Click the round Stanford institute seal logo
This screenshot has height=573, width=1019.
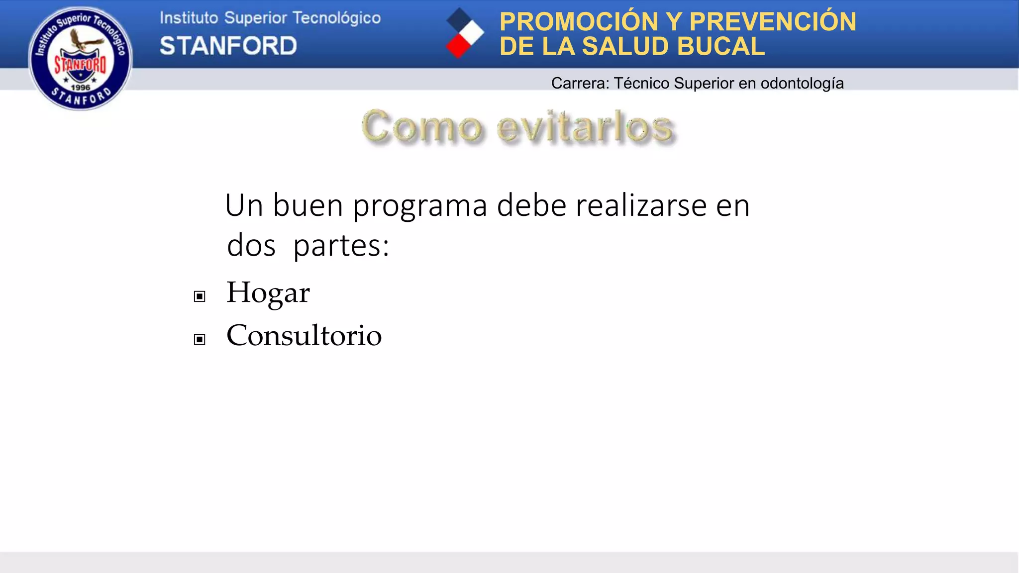click(x=80, y=58)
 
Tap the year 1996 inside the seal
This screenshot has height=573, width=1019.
click(x=80, y=88)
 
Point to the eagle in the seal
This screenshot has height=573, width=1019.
click(x=81, y=40)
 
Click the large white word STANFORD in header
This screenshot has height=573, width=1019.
click(x=228, y=46)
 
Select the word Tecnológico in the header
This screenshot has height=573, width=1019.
click(x=336, y=18)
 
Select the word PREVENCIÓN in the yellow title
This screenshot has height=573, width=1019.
click(x=773, y=22)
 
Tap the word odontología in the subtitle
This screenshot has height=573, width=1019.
click(x=802, y=83)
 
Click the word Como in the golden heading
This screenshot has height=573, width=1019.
click(x=422, y=127)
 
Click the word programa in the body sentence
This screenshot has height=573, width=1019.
click(x=420, y=206)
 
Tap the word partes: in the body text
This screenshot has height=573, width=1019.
click(x=341, y=246)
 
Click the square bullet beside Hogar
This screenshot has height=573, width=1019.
click(x=200, y=296)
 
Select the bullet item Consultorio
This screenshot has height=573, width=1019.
click(x=304, y=335)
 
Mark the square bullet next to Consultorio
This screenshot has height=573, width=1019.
click(x=200, y=339)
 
